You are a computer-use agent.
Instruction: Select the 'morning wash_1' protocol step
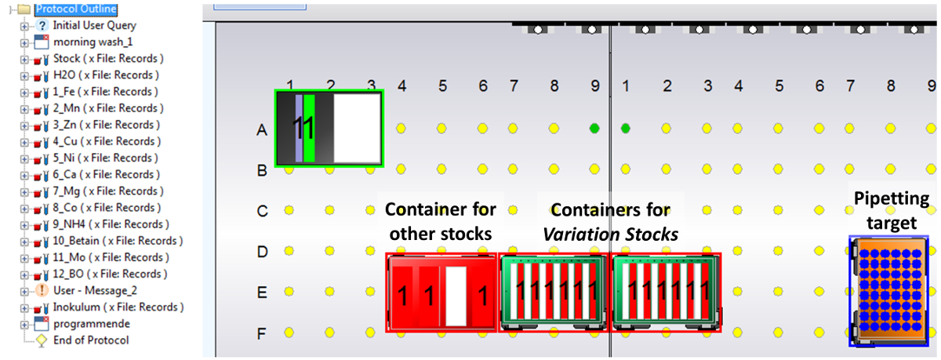[x=81, y=42]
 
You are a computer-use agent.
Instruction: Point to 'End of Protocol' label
[x=90, y=340]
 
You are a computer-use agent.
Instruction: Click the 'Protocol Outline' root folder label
[x=76, y=9]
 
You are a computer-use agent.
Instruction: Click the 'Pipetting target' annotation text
[x=891, y=210]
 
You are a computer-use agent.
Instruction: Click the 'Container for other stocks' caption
[x=441, y=220]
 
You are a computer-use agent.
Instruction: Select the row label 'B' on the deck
[x=263, y=169]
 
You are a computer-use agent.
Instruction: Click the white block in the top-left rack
[x=356, y=128]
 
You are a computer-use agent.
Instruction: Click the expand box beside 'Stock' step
[x=24, y=59]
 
